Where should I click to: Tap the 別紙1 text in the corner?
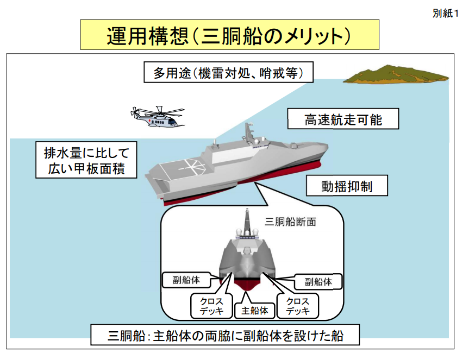point(446,14)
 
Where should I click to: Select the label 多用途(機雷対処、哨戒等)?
point(228,72)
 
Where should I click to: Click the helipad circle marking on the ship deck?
point(184,165)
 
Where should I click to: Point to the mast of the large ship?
point(249,130)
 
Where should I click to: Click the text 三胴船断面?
point(290,221)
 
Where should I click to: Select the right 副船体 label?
point(318,281)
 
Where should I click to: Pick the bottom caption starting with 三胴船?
point(226,334)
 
